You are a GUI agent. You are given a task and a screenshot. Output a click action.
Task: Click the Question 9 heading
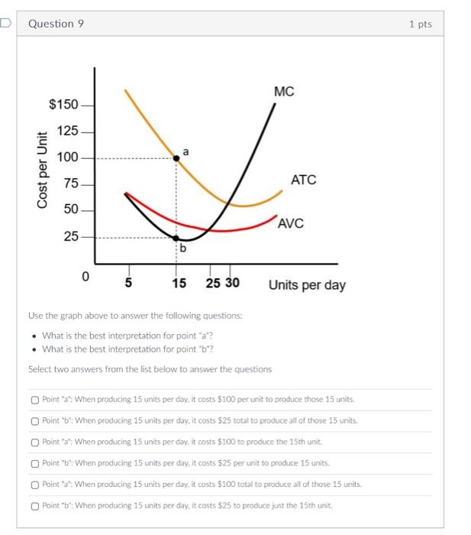(x=56, y=24)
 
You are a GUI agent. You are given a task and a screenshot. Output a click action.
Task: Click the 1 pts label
(x=420, y=24)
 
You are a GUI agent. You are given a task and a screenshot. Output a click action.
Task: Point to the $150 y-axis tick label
(x=63, y=104)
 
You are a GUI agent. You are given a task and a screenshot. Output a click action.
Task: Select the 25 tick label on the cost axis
(x=70, y=237)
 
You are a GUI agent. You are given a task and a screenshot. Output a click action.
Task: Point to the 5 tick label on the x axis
(x=128, y=284)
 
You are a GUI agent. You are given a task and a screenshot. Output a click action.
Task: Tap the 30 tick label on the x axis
(x=231, y=284)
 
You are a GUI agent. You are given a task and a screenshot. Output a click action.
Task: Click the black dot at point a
(x=177, y=157)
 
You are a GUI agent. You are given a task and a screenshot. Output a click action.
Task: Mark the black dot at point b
(x=177, y=238)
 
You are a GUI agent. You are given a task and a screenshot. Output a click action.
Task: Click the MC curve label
(x=283, y=92)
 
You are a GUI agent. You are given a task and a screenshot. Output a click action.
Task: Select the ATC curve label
(x=303, y=180)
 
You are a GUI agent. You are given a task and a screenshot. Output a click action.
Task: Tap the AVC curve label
(x=291, y=223)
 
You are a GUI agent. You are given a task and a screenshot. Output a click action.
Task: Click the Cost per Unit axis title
(x=44, y=169)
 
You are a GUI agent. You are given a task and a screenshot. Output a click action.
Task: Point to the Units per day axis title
(x=307, y=285)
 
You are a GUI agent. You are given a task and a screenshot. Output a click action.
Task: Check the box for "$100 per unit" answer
(x=35, y=399)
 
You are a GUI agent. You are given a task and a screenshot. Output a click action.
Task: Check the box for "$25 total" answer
(x=35, y=420)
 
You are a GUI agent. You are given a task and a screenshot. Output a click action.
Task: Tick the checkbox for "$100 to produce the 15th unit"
(x=35, y=442)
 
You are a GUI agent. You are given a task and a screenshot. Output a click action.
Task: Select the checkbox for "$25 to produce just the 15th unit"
(x=35, y=505)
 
